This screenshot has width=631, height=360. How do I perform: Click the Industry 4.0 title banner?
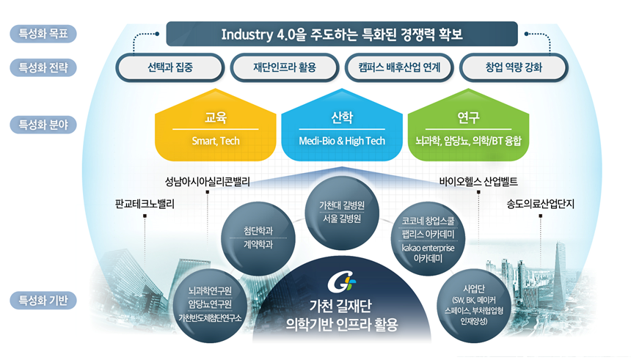[342, 34]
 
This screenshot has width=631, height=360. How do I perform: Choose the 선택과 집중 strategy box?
[169, 68]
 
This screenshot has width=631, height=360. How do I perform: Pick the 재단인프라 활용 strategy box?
[284, 68]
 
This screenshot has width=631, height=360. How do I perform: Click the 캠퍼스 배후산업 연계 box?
[399, 68]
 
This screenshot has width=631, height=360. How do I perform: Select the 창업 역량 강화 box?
[514, 68]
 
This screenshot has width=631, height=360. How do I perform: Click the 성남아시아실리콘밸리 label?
[208, 181]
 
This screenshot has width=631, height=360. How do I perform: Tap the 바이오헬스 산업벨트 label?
[478, 181]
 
